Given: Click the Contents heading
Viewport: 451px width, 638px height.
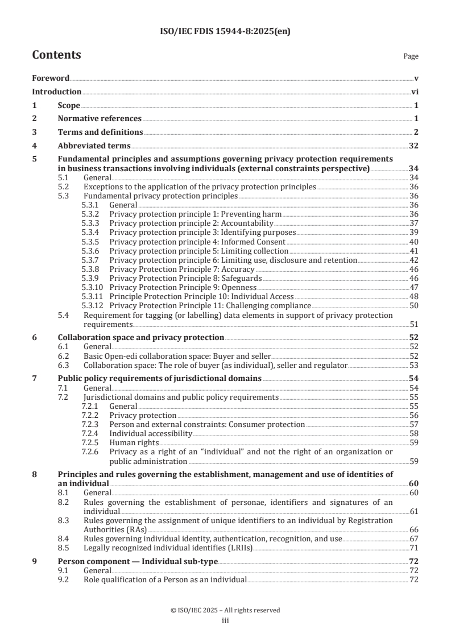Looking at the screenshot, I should point(56,55).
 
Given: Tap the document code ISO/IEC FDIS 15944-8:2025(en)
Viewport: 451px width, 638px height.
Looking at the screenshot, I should point(225,32).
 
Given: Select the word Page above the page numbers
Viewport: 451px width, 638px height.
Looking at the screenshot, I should point(411,57).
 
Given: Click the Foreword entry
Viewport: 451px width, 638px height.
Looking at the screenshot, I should point(51,78).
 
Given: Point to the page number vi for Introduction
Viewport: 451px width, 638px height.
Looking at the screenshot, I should point(415,92).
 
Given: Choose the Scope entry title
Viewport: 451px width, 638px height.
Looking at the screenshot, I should point(69,105).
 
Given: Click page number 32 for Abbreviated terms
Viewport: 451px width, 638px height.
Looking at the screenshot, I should point(413,146).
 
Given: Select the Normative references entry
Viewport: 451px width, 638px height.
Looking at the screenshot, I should point(100,119).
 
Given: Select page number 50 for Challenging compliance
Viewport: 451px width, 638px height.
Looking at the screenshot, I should point(414,305).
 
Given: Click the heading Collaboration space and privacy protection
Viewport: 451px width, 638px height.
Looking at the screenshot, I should point(140,337).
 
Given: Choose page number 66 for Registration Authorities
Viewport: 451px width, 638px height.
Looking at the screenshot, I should point(414,529).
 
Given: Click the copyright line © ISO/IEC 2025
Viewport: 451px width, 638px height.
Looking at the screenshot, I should point(225,610).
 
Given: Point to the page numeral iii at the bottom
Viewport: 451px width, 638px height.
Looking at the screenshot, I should point(225,621).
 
